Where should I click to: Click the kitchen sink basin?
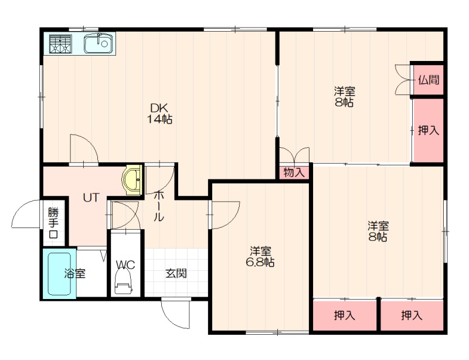(98, 43)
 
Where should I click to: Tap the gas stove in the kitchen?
(61, 44)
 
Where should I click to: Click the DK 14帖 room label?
(159, 113)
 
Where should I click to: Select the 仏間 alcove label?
(429, 80)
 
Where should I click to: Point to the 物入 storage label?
(294, 172)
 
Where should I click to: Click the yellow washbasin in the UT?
(132, 180)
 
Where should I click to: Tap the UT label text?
(91, 198)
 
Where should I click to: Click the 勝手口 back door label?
(53, 223)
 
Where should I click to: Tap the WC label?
(125, 265)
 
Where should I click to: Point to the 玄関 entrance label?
(176, 273)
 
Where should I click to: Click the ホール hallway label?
(159, 206)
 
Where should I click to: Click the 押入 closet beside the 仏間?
(429, 131)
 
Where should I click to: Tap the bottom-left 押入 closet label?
(345, 315)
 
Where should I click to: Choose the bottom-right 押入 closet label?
(412, 315)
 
